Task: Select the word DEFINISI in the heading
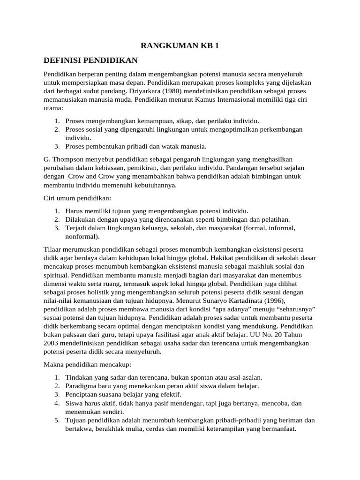click(x=61, y=60)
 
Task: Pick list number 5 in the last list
click(x=56, y=420)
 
